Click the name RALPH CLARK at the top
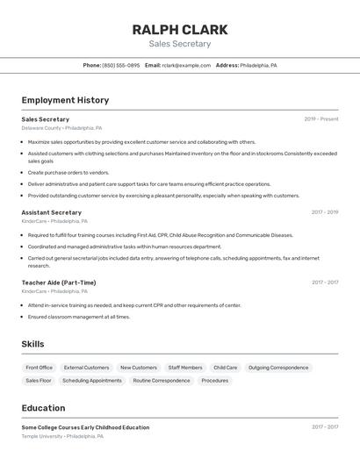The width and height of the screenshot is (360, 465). click(x=180, y=30)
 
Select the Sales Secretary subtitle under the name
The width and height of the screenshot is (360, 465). click(x=180, y=44)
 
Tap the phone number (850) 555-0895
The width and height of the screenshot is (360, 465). click(x=121, y=65)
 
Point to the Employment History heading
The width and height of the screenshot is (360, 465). click(x=65, y=100)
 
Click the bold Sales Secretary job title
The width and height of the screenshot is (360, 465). click(x=46, y=119)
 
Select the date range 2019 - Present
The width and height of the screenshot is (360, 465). click(x=321, y=119)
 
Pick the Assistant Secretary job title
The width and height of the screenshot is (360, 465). click(x=52, y=212)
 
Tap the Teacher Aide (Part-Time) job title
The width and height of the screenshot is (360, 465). click(x=59, y=283)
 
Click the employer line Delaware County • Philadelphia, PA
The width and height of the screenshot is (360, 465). click(x=61, y=128)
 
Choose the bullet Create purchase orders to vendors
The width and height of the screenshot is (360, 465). click(x=68, y=173)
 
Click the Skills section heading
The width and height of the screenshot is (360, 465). click(x=32, y=344)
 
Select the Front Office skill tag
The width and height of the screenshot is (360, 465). click(x=40, y=368)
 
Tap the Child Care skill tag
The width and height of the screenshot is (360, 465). click(x=226, y=368)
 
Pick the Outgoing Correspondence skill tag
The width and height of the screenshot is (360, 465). click(x=278, y=368)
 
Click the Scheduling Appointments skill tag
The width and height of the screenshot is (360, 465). click(x=92, y=381)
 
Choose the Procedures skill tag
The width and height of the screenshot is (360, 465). click(x=215, y=381)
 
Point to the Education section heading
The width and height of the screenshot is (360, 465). click(x=43, y=408)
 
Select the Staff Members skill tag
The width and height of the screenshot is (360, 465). click(x=185, y=368)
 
